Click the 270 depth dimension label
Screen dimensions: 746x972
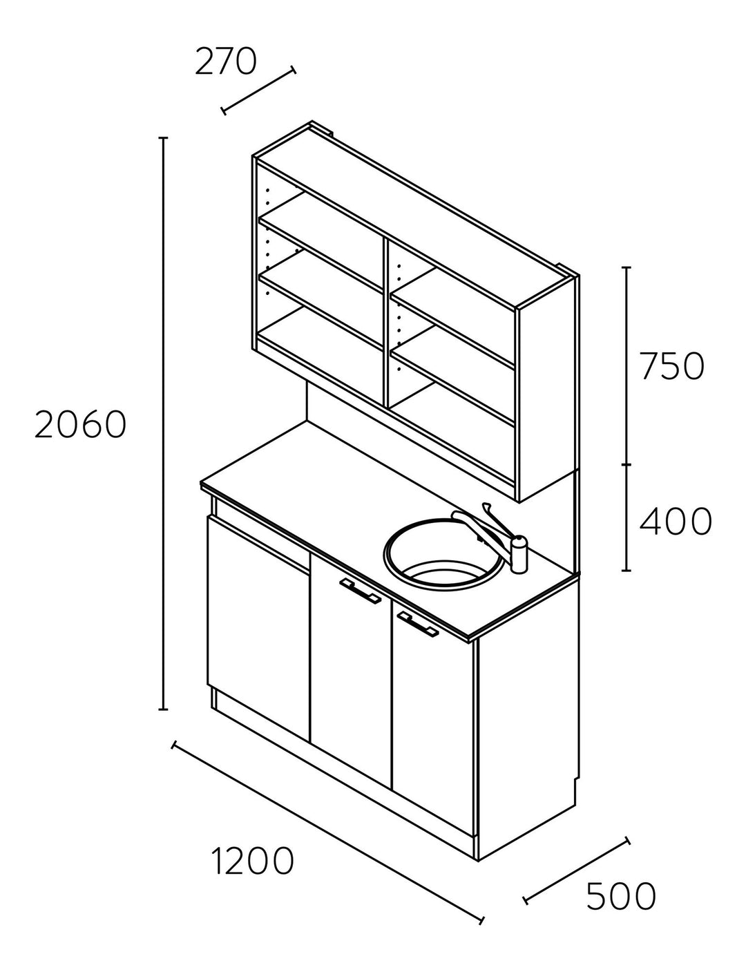[226, 61]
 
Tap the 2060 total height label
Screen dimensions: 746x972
[81, 424]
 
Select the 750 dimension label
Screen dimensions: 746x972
[672, 366]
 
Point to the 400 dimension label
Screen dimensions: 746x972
[676, 522]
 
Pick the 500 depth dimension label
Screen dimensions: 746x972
[621, 895]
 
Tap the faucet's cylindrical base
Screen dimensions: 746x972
[519, 554]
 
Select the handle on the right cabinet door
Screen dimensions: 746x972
[417, 623]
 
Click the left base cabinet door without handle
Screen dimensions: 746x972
[258, 629]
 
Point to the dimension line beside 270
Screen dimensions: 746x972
[258, 90]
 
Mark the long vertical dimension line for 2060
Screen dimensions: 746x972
[164, 423]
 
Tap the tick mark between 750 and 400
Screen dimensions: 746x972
[627, 465]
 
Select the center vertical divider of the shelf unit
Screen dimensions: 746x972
[385, 322]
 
